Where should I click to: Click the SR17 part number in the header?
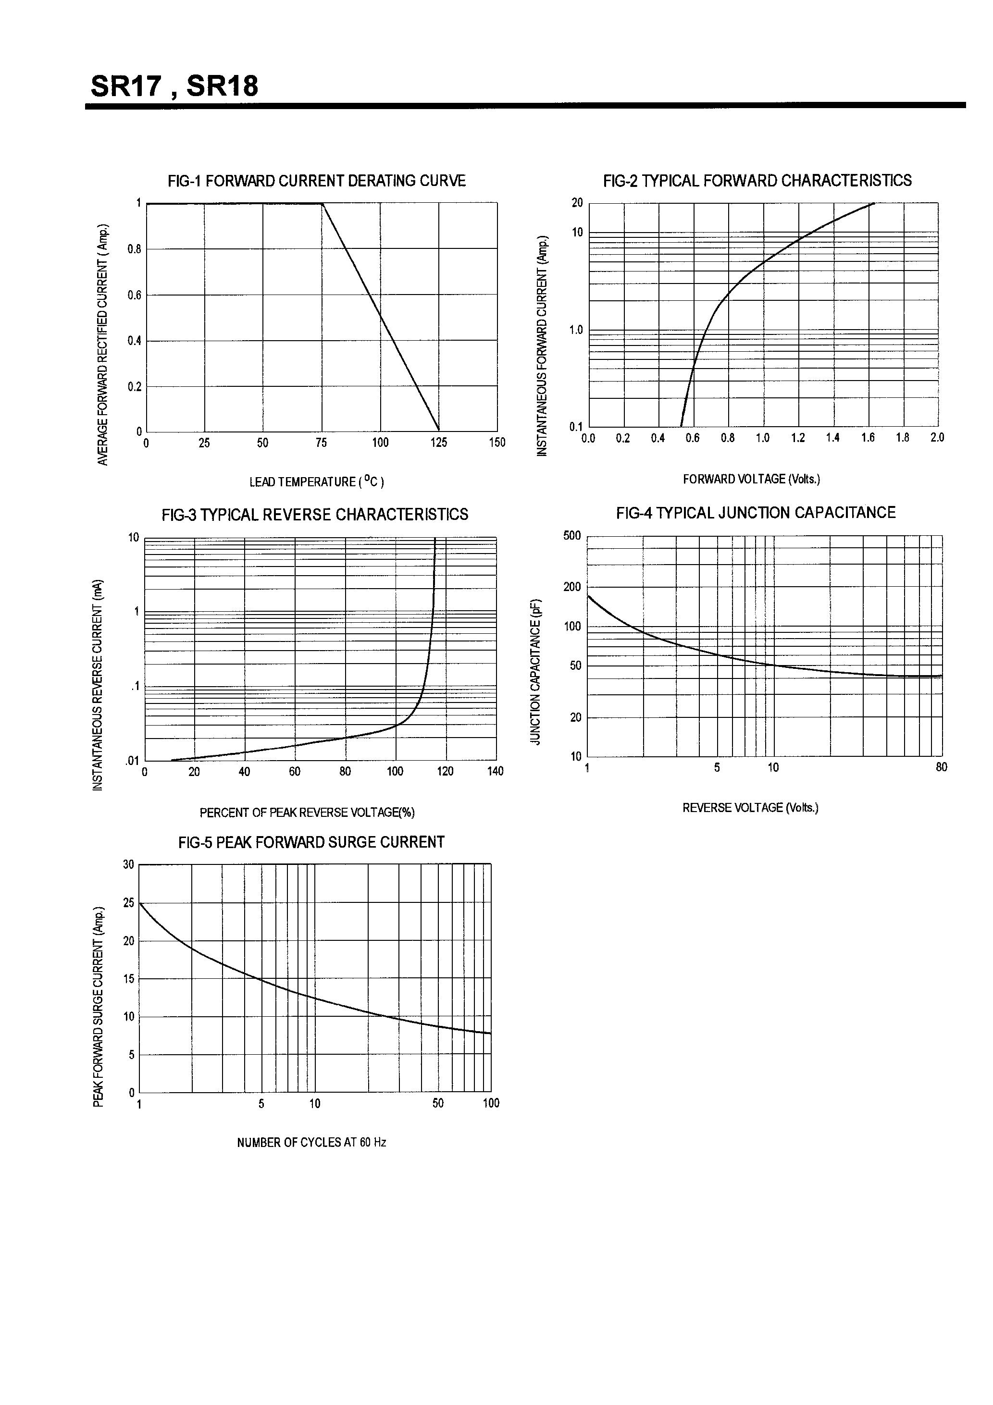pos(126,86)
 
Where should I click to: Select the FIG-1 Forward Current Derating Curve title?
pos(317,181)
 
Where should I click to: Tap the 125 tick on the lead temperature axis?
pos(438,443)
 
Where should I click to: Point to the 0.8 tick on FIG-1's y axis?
pos(134,249)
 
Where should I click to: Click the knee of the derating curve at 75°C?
pos(322,204)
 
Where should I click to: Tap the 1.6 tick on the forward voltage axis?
pos(868,438)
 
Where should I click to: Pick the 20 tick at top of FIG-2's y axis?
pos(577,203)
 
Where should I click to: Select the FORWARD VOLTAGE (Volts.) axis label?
pos(751,479)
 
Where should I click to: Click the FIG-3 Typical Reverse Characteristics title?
pos(315,515)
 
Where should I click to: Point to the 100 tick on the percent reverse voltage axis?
pos(395,772)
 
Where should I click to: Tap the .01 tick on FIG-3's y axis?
pos(132,761)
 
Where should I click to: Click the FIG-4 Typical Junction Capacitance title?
pos(756,513)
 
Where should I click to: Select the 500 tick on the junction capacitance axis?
pos(572,536)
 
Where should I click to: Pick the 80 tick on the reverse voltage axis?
pos(941,767)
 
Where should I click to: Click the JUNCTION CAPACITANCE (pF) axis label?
pos(536,671)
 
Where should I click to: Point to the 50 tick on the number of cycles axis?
pos(438,1103)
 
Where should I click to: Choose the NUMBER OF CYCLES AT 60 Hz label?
pos(311,1143)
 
